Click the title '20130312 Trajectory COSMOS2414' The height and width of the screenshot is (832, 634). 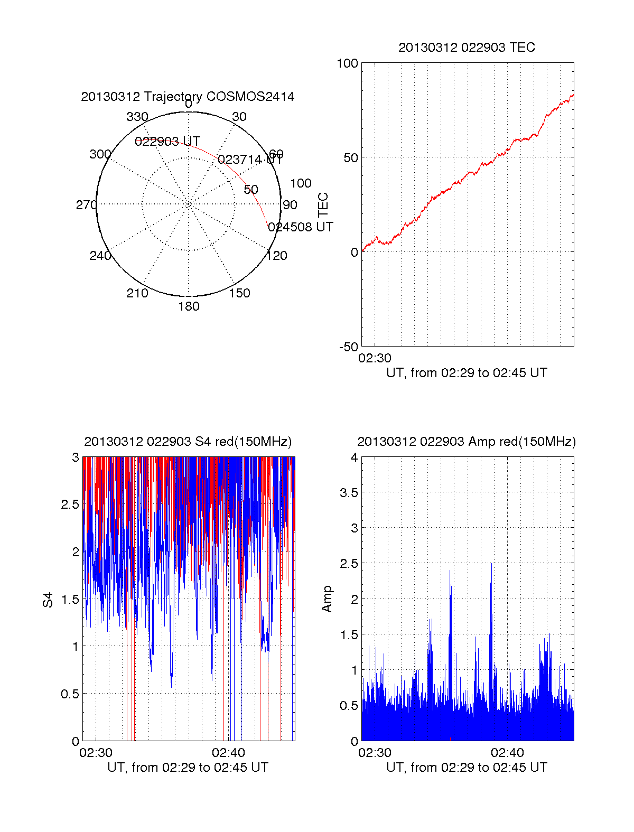(x=188, y=97)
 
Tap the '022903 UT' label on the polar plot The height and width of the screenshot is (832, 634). (x=167, y=142)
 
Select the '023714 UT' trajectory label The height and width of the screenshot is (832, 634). (x=250, y=159)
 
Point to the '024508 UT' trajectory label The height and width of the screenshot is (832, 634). (x=300, y=227)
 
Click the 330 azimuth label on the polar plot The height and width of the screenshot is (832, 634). (x=137, y=117)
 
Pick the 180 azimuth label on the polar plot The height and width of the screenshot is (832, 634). (x=189, y=306)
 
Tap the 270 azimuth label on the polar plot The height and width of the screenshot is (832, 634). (x=86, y=205)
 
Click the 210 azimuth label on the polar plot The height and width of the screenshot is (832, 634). (x=137, y=293)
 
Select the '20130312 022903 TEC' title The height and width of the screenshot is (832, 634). (x=467, y=48)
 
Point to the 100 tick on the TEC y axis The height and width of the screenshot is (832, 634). (x=347, y=63)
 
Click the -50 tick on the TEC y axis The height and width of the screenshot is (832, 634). (x=348, y=347)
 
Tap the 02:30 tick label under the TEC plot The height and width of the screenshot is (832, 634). (x=375, y=358)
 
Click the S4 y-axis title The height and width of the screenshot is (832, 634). (x=48, y=600)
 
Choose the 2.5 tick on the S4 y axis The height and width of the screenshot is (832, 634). (x=70, y=504)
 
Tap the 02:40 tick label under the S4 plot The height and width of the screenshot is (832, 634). (x=228, y=752)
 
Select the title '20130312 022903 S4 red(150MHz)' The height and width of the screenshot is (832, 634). (x=188, y=442)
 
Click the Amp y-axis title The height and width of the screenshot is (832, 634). (x=327, y=599)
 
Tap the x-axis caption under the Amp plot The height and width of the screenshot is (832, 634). (x=467, y=768)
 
